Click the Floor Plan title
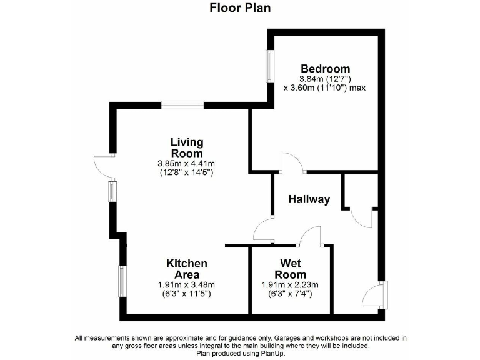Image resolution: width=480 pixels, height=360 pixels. (x=240, y=8)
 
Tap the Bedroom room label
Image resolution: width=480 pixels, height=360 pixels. (x=325, y=69)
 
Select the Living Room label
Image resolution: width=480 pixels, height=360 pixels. (x=187, y=148)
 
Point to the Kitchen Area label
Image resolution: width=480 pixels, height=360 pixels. (x=186, y=269)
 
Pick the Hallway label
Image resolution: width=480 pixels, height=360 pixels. (x=309, y=200)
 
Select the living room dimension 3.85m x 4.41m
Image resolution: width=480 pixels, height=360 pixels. (x=187, y=164)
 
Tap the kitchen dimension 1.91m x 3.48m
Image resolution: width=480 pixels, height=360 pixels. (x=186, y=284)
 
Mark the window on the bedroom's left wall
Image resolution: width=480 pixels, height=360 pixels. (x=269, y=65)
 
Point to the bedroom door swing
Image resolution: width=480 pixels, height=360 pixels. (x=291, y=162)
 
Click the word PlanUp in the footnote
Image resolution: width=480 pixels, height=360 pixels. (x=270, y=353)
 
